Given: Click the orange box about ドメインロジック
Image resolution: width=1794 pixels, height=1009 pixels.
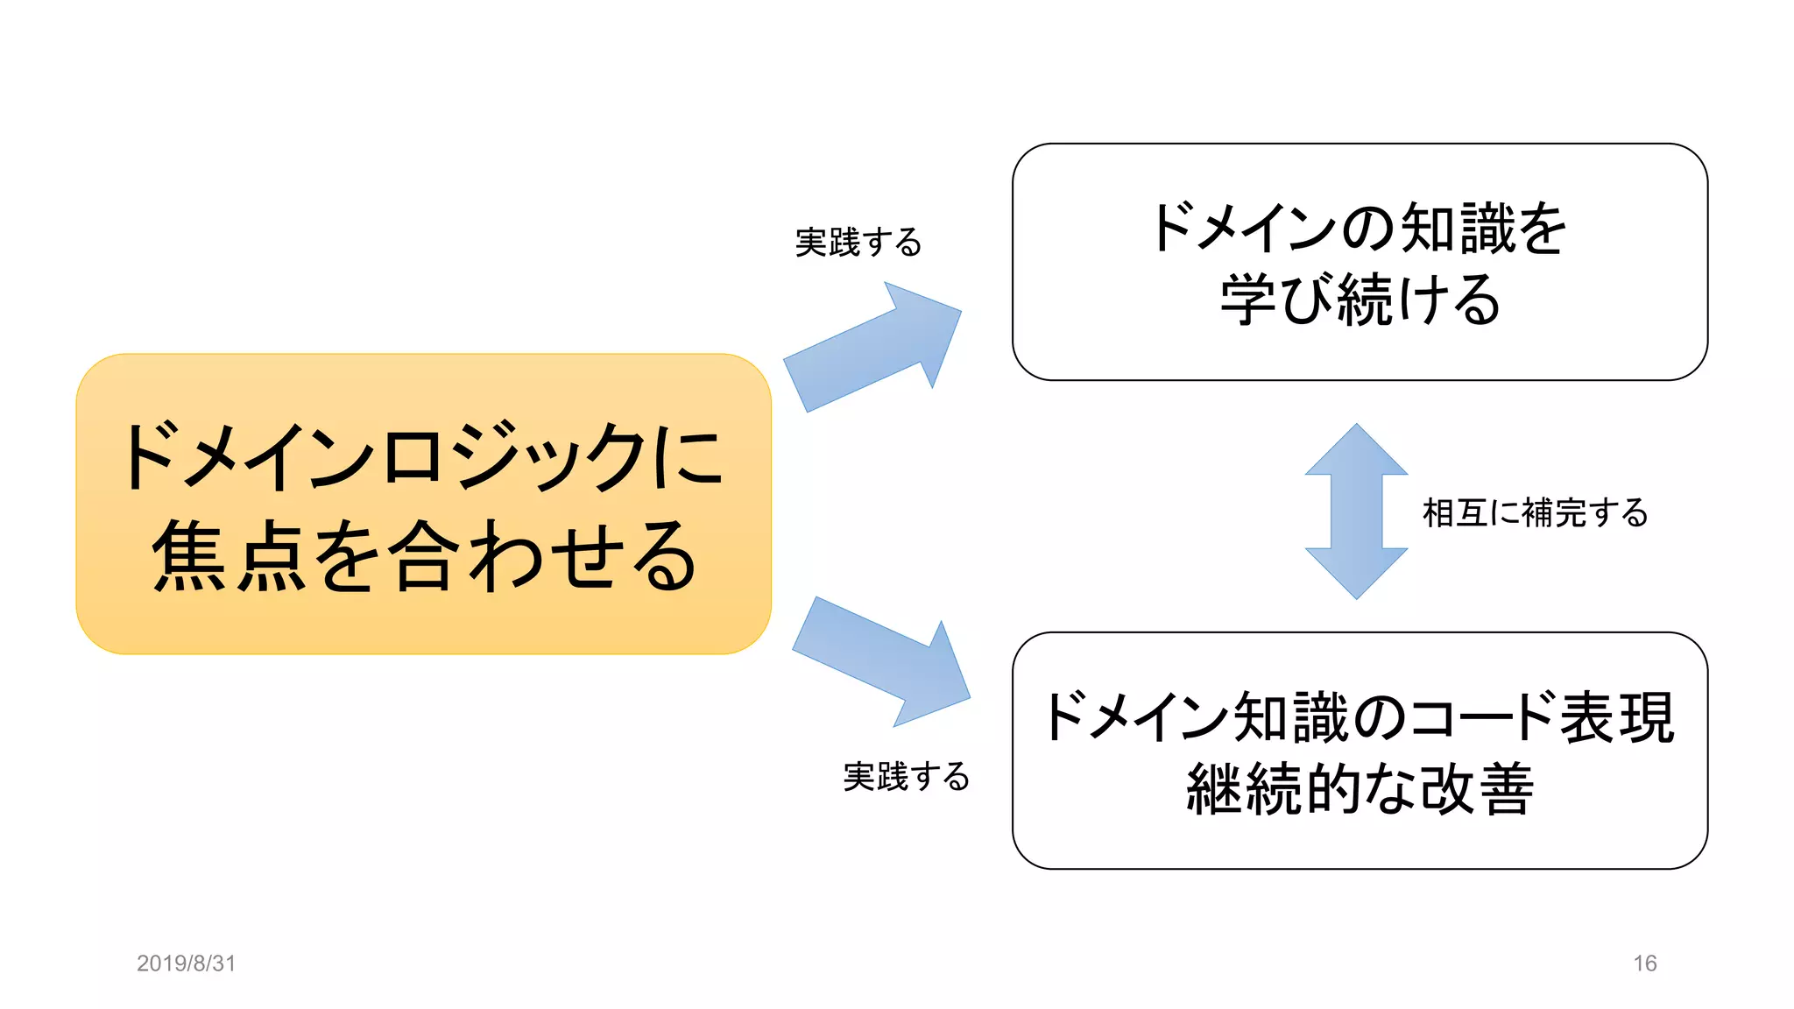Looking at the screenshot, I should (x=423, y=504).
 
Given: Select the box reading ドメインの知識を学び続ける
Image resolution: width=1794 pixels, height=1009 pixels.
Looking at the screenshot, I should (x=1360, y=262).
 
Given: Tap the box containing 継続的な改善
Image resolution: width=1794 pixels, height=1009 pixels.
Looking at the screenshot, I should (x=1360, y=751).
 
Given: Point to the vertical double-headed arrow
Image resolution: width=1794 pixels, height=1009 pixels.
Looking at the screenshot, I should (x=1356, y=512).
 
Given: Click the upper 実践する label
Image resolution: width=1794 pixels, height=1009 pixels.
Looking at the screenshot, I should (x=858, y=243).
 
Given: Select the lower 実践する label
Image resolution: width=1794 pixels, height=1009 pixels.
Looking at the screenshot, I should (x=907, y=777).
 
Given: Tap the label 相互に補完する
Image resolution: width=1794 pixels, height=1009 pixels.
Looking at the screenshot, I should (x=1536, y=513).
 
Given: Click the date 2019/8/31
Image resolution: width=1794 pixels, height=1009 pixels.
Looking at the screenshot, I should (x=187, y=963).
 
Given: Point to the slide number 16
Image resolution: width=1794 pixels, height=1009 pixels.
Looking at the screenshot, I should (x=1644, y=963).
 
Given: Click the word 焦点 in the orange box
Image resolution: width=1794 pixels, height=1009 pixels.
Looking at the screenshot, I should (x=230, y=556).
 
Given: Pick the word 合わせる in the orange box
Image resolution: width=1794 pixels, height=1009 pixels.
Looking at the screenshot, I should (x=543, y=556).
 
